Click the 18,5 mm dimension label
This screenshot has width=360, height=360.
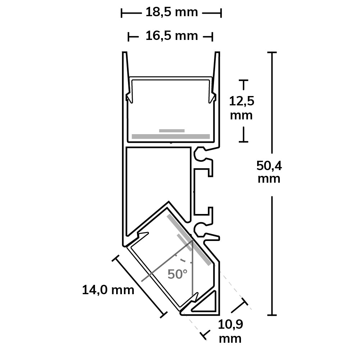[172, 12]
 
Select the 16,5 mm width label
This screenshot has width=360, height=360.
[172, 36]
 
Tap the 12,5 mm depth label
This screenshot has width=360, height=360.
[242, 108]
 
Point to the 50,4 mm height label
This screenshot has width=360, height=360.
[269, 172]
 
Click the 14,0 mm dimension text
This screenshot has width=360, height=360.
[108, 290]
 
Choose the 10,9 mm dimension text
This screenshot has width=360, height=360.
[230, 331]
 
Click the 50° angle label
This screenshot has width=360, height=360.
[177, 274]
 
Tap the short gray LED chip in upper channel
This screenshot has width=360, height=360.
[172, 131]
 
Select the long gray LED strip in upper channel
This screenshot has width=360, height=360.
[171, 136]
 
